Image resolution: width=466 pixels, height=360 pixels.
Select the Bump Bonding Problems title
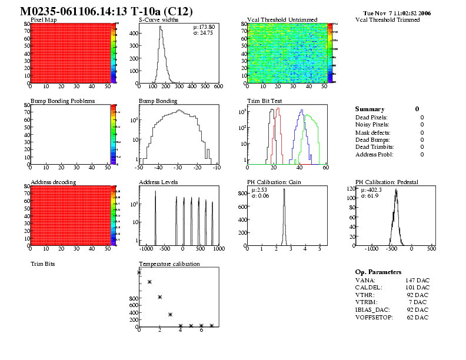[x=62, y=101]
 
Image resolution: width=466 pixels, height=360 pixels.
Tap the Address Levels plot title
[x=158, y=182]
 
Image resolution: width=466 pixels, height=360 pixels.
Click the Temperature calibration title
[x=169, y=264]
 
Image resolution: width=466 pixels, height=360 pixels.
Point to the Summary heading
[x=370, y=109]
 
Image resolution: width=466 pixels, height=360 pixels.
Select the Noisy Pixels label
[x=372, y=124]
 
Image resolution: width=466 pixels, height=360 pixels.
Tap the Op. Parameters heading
[x=378, y=272]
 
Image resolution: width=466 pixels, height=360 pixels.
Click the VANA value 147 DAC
[x=417, y=280]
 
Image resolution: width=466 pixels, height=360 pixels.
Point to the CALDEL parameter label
[x=369, y=288]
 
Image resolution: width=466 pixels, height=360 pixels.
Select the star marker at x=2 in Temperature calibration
[x=160, y=297]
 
